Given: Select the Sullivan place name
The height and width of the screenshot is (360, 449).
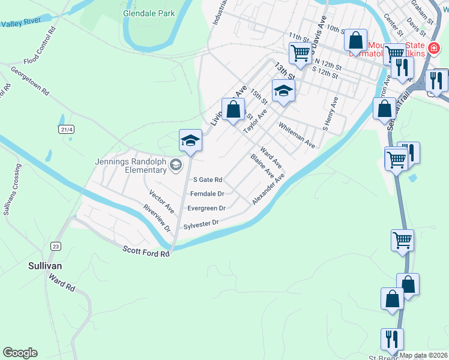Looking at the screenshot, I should click(46, 265).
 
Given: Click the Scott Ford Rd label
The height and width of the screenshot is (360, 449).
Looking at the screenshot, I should click(146, 252).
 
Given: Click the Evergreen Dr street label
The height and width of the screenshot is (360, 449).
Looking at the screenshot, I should click(206, 208).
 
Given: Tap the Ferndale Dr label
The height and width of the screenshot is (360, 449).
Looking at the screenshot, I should click(206, 194).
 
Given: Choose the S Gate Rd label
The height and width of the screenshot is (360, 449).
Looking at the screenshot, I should click(207, 179).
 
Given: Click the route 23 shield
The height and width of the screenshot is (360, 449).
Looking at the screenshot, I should click(56, 247).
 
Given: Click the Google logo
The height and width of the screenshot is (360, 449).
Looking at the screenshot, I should click(20, 353).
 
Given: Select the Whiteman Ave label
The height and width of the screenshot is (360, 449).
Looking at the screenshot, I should click(297, 135).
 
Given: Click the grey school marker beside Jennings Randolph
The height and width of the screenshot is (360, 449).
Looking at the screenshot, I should click(175, 165).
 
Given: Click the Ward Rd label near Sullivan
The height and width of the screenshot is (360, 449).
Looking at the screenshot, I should click(61, 283).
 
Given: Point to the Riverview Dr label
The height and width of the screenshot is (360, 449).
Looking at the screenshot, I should click(157, 218).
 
